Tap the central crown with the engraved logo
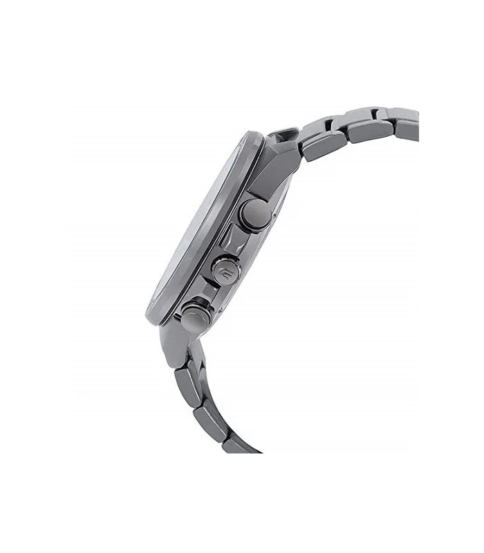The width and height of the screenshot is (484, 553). tap(225, 266)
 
